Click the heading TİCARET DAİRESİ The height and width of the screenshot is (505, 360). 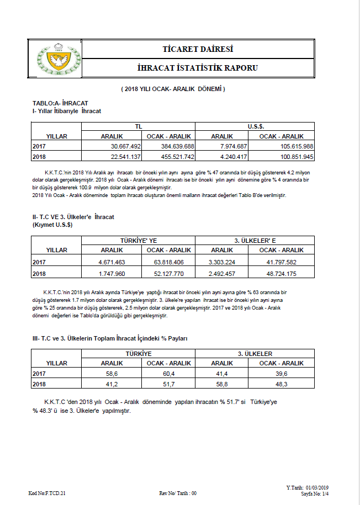click(x=198, y=49)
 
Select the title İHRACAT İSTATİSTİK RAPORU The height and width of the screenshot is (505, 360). click(x=198, y=68)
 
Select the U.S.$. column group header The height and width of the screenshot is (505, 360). click(x=255, y=126)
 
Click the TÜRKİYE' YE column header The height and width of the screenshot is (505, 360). click(x=138, y=241)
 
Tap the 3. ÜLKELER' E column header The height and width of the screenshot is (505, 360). click(x=255, y=241)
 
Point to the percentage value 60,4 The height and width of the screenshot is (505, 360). click(x=168, y=374)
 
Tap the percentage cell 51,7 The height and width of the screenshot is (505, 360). click(x=168, y=384)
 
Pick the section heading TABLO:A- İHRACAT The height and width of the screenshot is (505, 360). click(x=61, y=103)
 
